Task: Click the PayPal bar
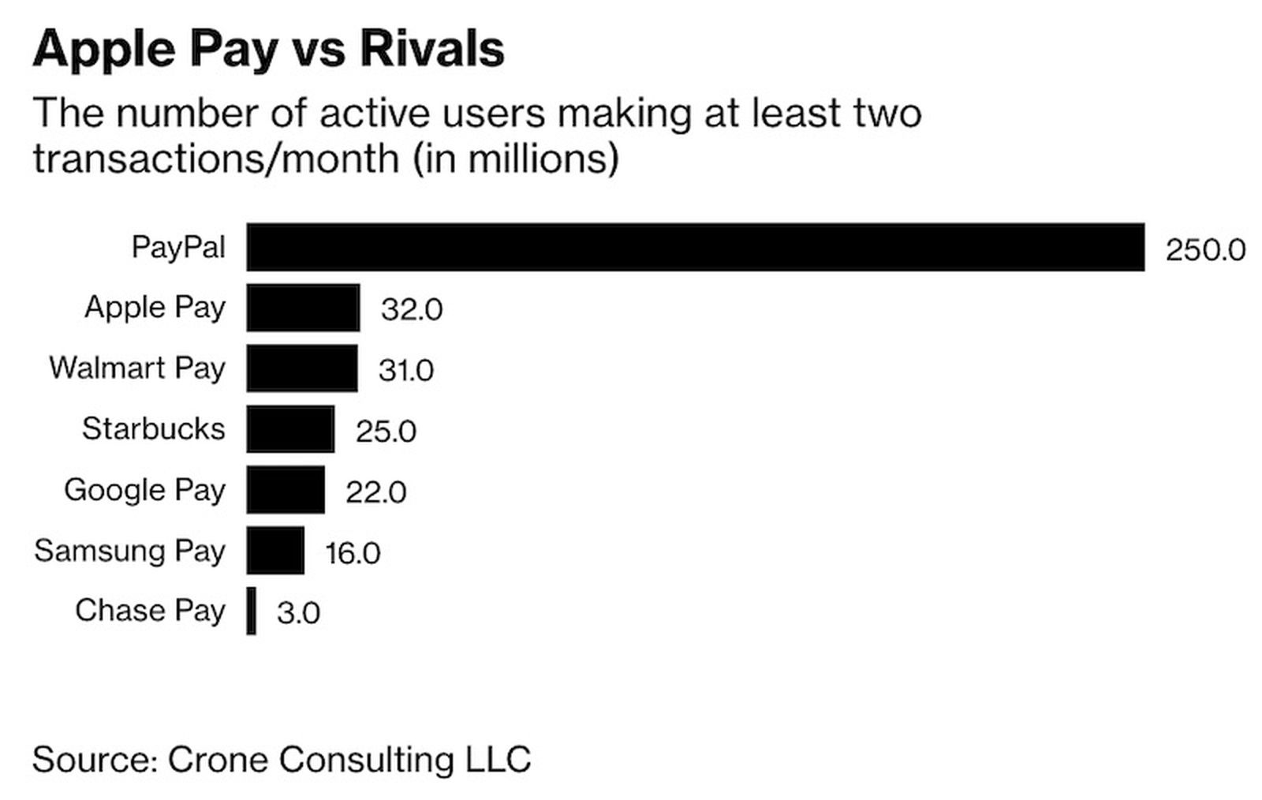(x=694, y=247)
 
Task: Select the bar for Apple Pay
(x=303, y=308)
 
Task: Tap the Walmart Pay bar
(x=301, y=368)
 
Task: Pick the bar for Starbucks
(x=290, y=429)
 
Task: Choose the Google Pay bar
(x=285, y=490)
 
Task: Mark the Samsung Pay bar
(x=274, y=551)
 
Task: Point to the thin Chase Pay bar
(x=251, y=611)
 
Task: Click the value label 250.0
(x=1204, y=250)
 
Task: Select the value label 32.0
(x=411, y=309)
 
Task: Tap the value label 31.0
(x=405, y=370)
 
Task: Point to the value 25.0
(x=385, y=432)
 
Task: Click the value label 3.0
(x=298, y=613)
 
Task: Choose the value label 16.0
(x=352, y=553)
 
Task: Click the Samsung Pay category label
(x=129, y=551)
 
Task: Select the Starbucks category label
(x=153, y=428)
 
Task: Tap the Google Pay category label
(x=144, y=490)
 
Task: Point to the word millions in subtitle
(x=535, y=159)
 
